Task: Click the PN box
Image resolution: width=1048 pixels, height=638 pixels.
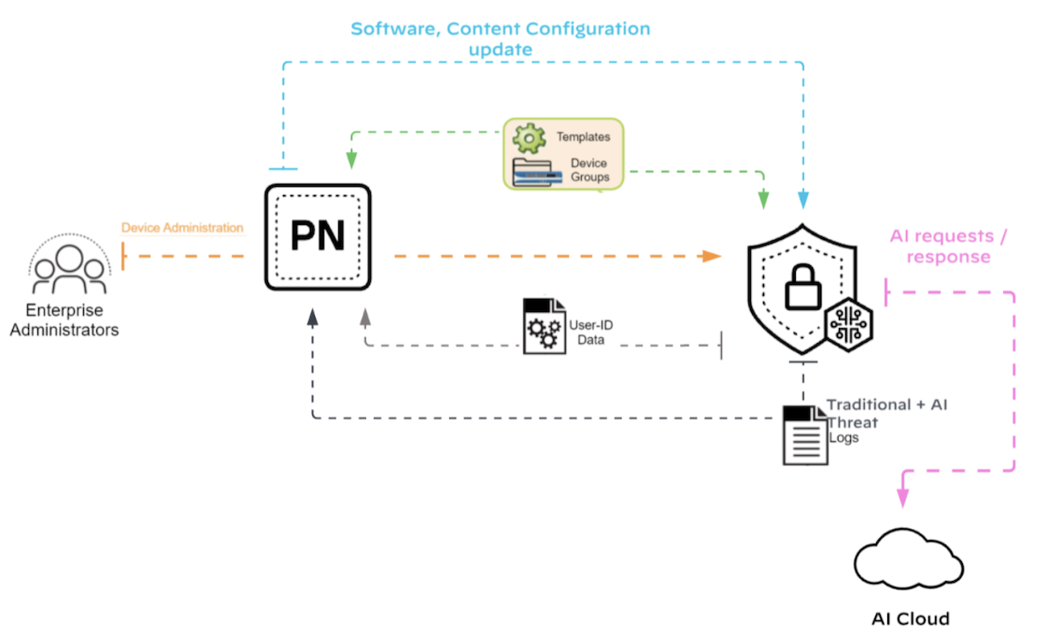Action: pos(318,235)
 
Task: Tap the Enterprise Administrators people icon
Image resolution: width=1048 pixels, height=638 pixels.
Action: pos(67,266)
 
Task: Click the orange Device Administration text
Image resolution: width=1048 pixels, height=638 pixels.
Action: pos(182,228)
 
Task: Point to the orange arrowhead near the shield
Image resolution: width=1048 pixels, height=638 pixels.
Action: pos(712,255)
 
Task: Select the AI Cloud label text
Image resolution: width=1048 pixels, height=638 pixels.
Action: pos(910,618)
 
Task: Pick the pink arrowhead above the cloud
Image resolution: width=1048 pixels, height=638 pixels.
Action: pos(903,497)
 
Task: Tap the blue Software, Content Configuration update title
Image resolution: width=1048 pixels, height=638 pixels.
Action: pos(500,38)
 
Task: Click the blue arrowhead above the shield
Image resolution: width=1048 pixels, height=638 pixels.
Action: pos(801,200)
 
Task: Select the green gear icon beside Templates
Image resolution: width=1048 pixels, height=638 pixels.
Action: pos(530,139)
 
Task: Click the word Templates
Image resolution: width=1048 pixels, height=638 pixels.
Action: pos(583,137)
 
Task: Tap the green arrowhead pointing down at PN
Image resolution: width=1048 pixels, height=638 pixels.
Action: pos(353,162)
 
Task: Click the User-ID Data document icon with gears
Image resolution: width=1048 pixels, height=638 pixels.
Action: pos(543,325)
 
